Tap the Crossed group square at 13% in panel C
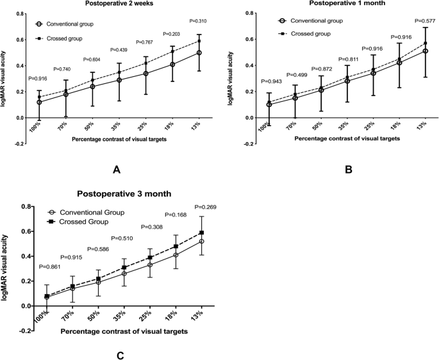click(x=203, y=233)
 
